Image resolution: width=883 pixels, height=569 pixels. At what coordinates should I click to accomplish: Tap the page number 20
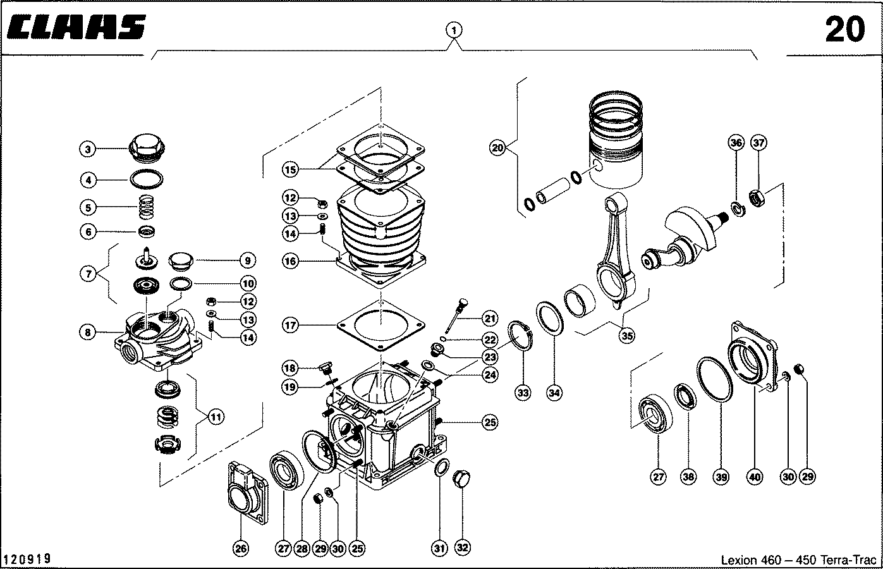(x=844, y=29)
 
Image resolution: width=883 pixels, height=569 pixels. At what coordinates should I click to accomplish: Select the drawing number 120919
(x=27, y=559)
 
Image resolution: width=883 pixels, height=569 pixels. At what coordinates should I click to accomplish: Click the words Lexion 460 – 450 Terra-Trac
(x=799, y=560)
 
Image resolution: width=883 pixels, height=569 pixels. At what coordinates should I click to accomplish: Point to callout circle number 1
(x=454, y=30)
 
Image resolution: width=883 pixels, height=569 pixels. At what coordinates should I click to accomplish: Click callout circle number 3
(x=88, y=150)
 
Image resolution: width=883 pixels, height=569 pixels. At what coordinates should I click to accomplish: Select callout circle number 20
(x=499, y=149)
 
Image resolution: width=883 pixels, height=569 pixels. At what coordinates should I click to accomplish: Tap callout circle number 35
(x=626, y=336)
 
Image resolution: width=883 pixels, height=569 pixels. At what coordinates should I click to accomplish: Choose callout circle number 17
(x=291, y=326)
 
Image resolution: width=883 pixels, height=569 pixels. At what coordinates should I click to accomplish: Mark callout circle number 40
(x=755, y=477)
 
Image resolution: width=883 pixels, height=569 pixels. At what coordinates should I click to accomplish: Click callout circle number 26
(x=241, y=548)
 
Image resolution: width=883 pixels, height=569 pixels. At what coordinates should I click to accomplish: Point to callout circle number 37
(x=758, y=144)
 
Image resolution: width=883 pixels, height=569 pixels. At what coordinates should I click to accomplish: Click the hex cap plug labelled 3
(x=146, y=149)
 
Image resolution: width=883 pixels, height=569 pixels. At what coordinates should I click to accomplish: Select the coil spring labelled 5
(x=147, y=206)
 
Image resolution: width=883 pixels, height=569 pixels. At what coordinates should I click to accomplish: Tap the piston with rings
(x=616, y=145)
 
